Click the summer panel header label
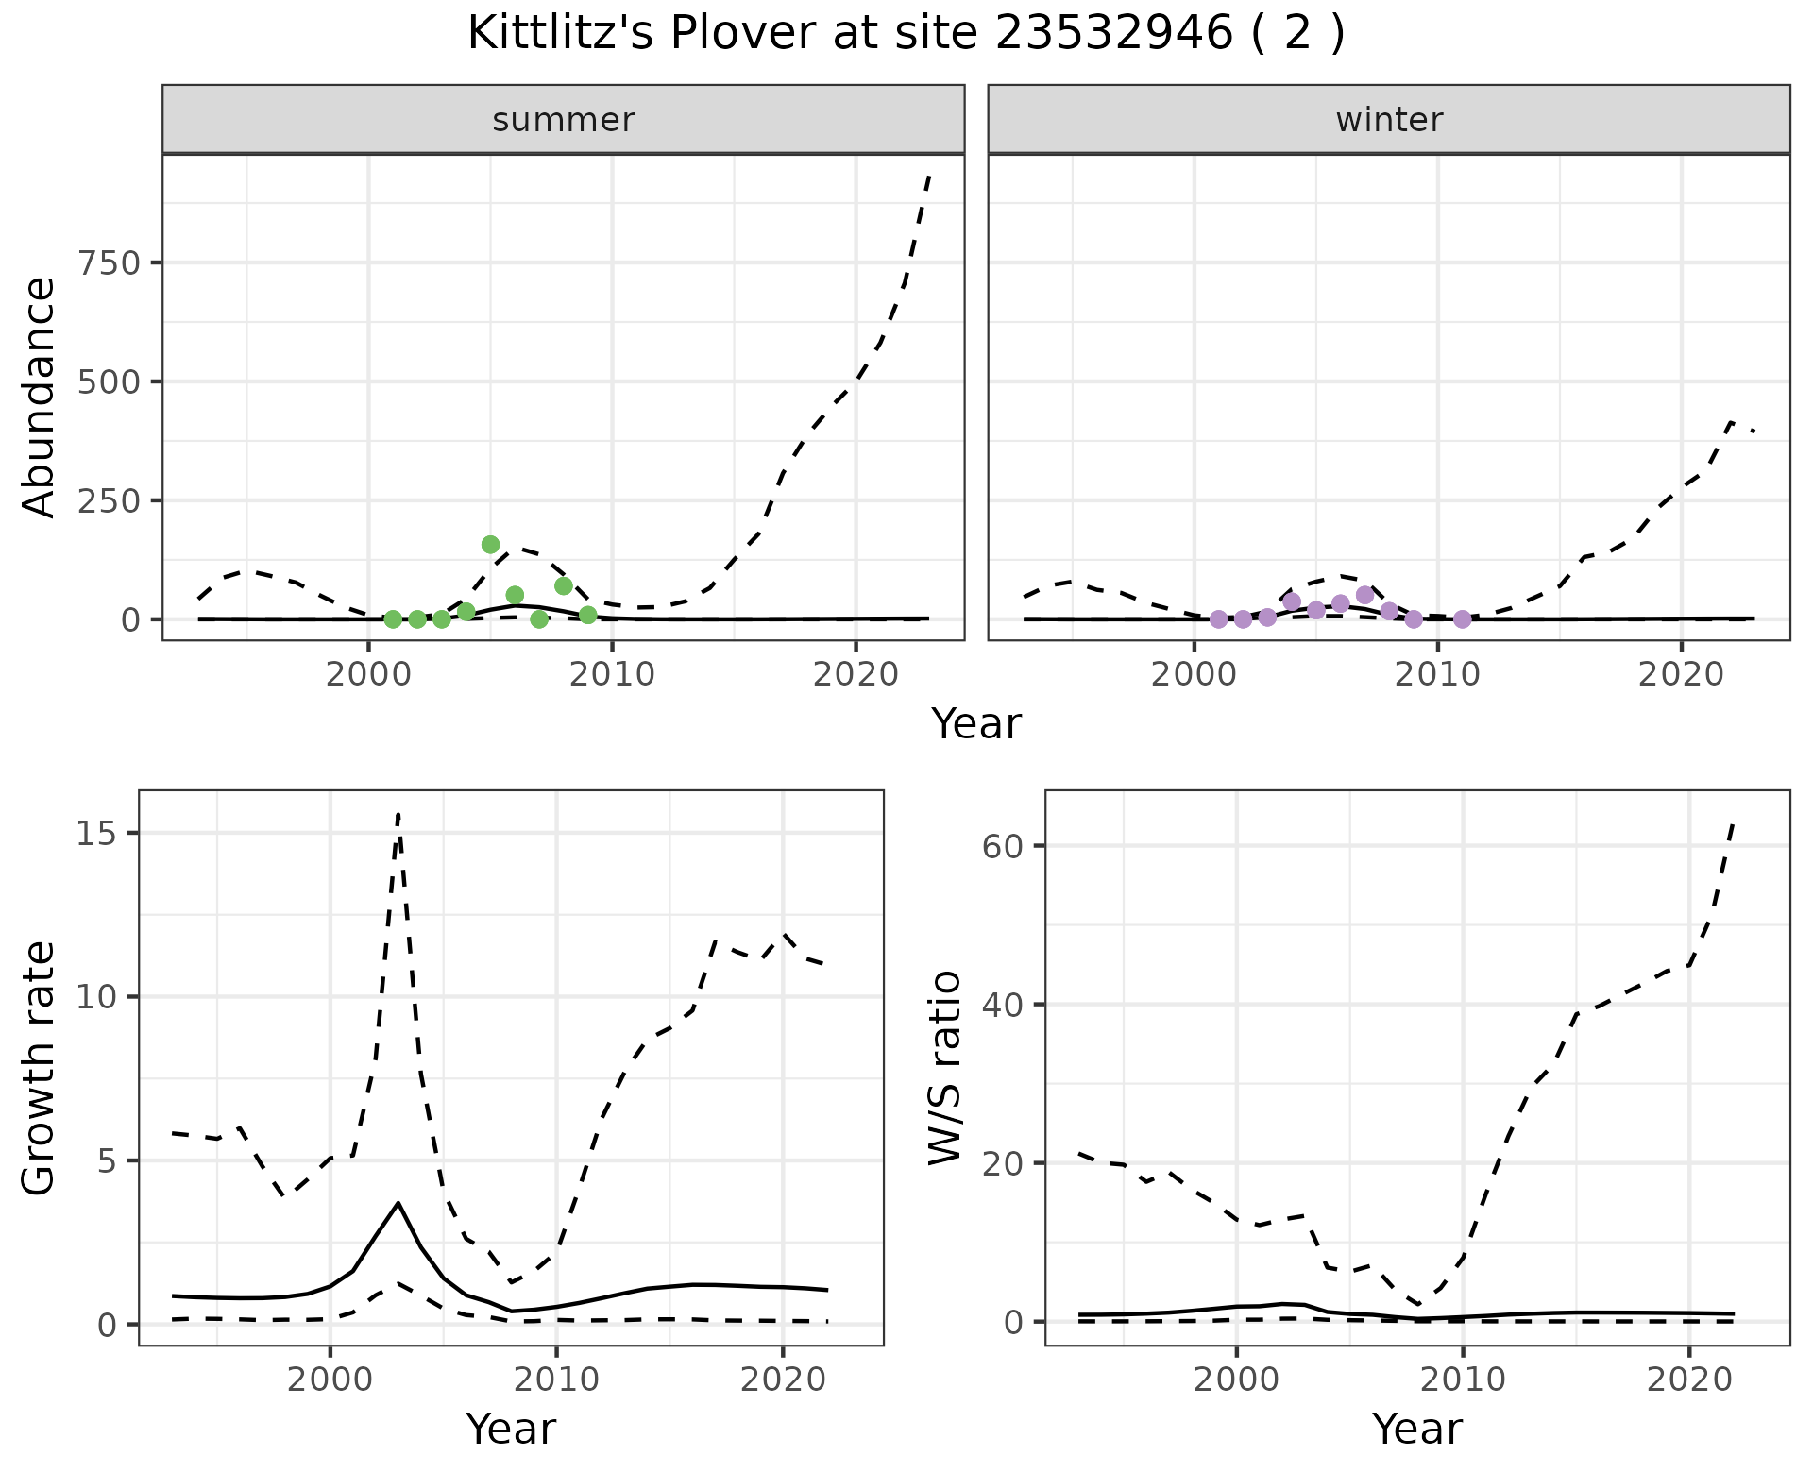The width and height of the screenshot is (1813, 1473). tap(563, 120)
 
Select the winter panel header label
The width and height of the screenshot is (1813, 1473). tap(1388, 120)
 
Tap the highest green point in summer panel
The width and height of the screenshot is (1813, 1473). tap(490, 544)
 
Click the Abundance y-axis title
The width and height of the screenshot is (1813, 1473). tap(40, 398)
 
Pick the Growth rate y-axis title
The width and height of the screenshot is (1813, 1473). tap(40, 1068)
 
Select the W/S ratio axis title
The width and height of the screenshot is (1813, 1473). tap(945, 1068)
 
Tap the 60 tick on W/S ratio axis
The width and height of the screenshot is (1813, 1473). tap(1003, 845)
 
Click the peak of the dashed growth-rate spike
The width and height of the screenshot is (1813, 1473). tap(398, 813)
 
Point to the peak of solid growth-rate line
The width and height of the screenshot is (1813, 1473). tap(398, 1203)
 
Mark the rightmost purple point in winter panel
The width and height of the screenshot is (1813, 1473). tap(1462, 619)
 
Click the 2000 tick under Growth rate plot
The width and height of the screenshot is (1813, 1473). tap(330, 1380)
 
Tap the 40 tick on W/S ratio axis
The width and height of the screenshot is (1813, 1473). tap(1003, 1004)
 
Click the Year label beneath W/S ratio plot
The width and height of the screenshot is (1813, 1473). tap(1416, 1429)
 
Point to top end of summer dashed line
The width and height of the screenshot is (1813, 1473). tap(929, 176)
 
